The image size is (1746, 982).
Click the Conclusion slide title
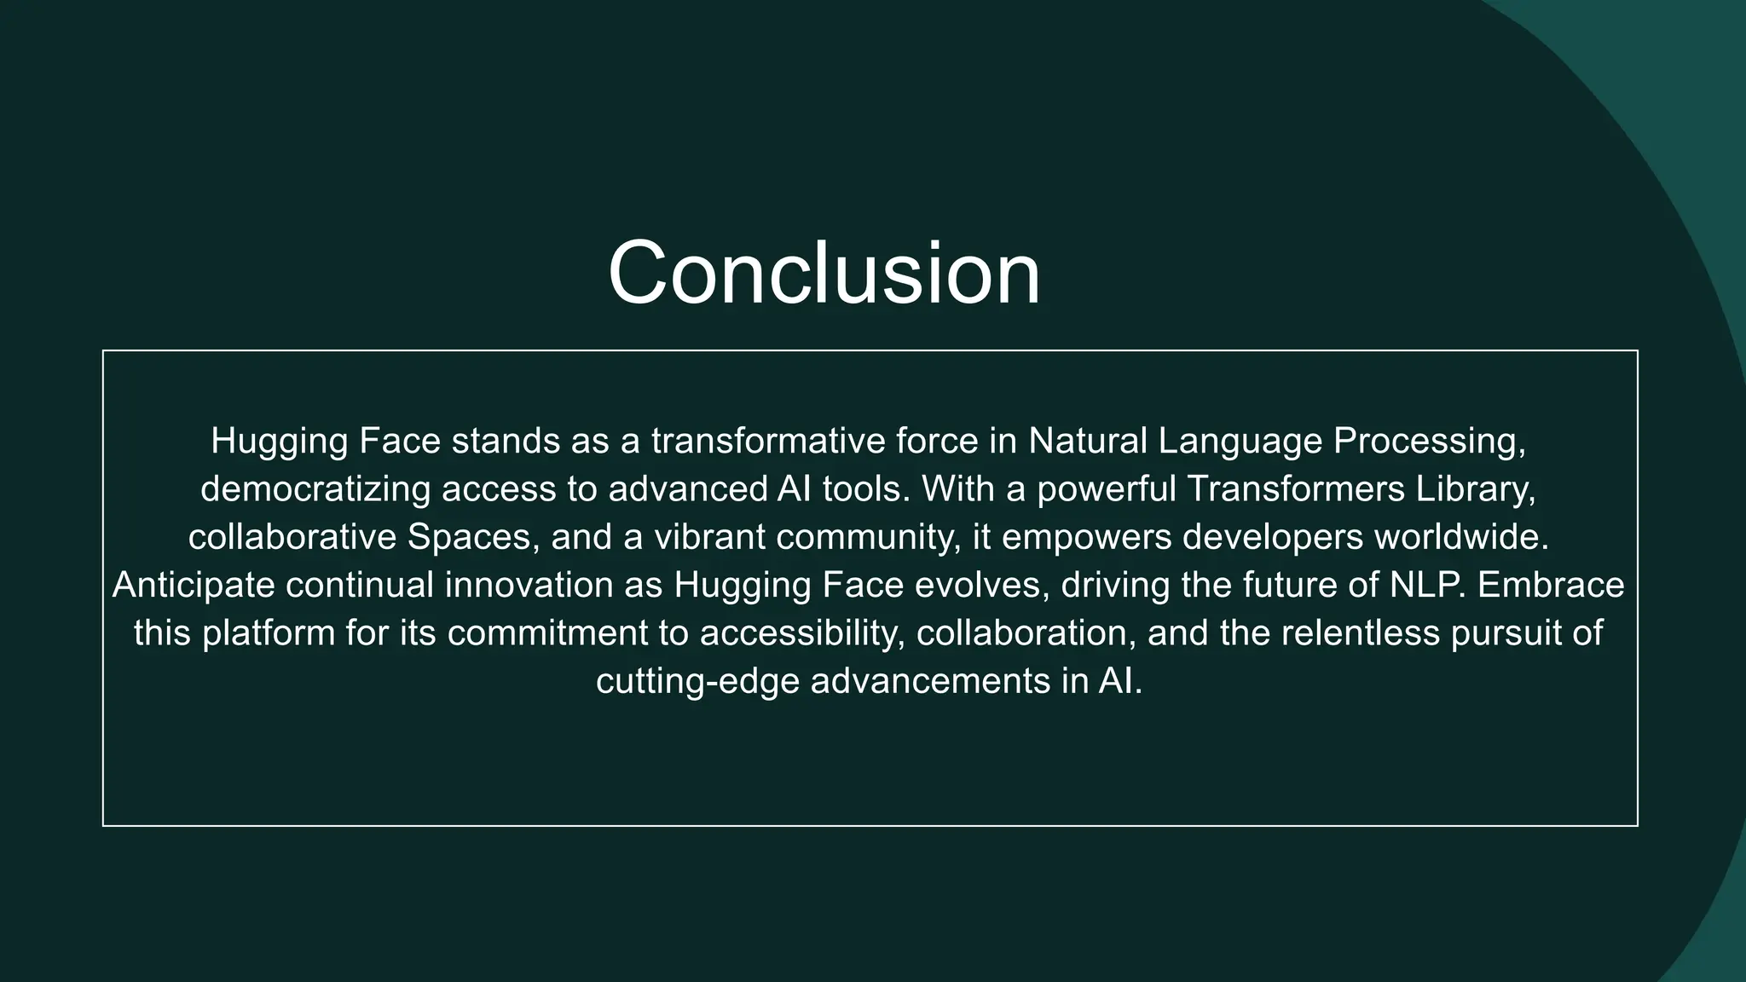824,273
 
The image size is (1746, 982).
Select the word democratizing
315,489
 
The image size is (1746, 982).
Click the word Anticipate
193,586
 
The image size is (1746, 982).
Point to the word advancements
930,682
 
